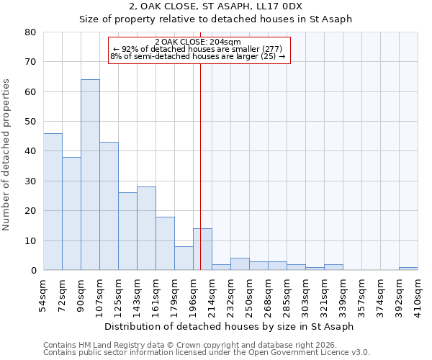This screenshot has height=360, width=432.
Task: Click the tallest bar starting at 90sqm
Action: click(x=90, y=175)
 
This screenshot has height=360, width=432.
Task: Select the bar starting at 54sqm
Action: click(x=53, y=202)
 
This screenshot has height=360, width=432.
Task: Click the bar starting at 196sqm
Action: click(x=202, y=249)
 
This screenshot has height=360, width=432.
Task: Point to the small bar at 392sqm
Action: click(x=408, y=269)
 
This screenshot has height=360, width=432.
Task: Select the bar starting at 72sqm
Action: click(x=71, y=214)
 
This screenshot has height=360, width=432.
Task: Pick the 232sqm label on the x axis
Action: click(x=231, y=295)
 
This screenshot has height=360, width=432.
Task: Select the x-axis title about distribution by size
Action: click(x=229, y=326)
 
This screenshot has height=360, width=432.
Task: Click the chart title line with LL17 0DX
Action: click(x=216, y=6)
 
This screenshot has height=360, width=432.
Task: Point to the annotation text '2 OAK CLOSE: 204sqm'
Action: click(x=198, y=42)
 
